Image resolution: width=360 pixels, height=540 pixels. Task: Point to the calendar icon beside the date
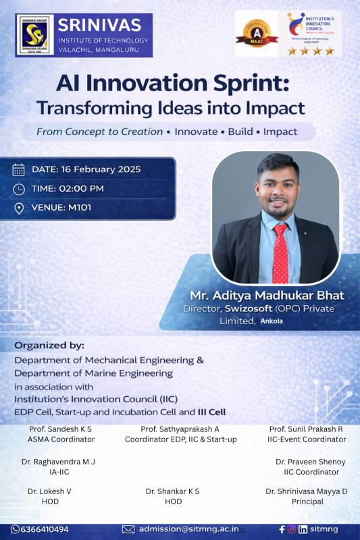(x=19, y=169)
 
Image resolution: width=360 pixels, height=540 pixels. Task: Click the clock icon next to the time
(x=19, y=188)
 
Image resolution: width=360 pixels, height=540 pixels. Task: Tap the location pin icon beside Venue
(x=19, y=208)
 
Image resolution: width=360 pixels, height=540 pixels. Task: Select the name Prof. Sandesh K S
(x=61, y=429)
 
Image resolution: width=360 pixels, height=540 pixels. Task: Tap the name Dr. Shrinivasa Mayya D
(x=307, y=491)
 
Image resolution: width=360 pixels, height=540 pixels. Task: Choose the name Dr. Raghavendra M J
(x=59, y=462)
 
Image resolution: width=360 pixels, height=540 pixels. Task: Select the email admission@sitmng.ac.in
(x=188, y=529)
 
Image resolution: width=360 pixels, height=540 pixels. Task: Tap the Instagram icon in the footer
(x=291, y=529)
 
